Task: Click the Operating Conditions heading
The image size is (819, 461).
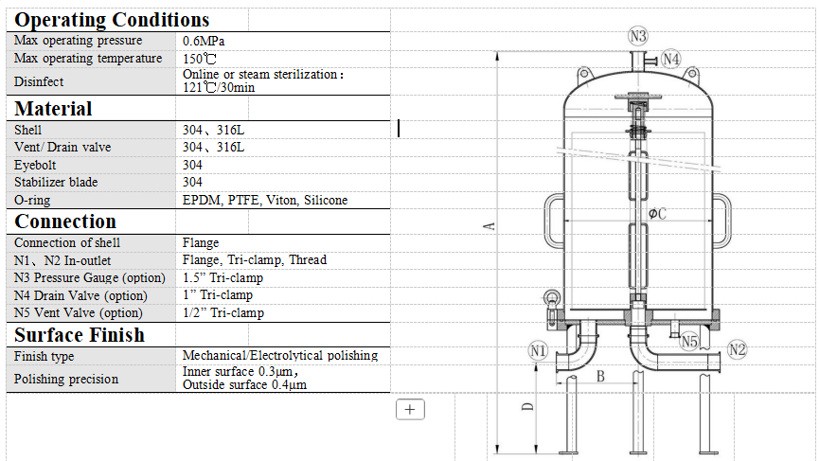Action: [x=112, y=19]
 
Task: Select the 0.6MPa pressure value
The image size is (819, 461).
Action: [x=204, y=41]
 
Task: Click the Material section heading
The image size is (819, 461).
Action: [x=53, y=108]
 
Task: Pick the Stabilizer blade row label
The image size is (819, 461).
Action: [x=56, y=182]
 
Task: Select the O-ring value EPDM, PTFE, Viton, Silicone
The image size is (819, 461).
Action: [x=265, y=200]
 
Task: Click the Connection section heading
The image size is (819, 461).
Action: [x=65, y=222]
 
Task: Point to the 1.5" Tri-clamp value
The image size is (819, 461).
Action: [x=223, y=277]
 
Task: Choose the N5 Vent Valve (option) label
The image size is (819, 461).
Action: [x=79, y=312]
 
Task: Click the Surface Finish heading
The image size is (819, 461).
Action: [x=80, y=335]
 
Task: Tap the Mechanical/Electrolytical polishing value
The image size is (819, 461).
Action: [x=280, y=356]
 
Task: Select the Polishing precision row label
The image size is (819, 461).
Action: [x=66, y=379]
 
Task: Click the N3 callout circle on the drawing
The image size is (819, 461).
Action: [x=638, y=36]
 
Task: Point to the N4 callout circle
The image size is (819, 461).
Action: [x=670, y=59]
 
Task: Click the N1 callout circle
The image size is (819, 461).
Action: [x=538, y=351]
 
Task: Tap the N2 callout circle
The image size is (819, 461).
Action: [x=737, y=351]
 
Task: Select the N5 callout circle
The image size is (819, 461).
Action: [x=689, y=341]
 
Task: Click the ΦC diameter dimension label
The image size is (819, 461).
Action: [x=657, y=214]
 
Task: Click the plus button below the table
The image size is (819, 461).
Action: [x=410, y=409]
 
